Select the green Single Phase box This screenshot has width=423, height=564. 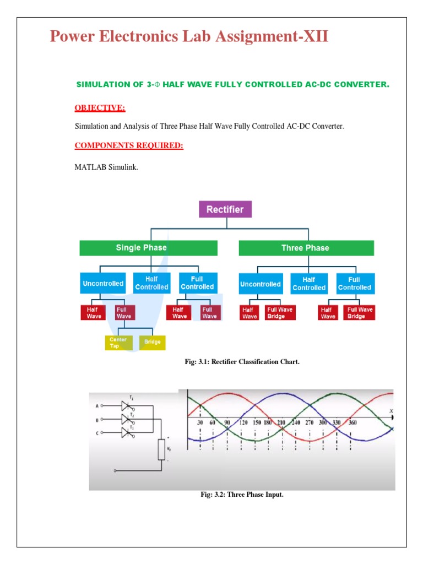click(141, 248)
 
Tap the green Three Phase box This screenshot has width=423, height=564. click(305, 248)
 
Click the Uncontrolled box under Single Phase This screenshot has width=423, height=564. click(103, 284)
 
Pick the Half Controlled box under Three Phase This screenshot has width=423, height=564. click(309, 284)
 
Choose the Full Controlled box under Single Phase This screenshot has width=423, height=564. click(197, 283)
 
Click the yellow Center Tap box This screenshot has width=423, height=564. click(118, 343)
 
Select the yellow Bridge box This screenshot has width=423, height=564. click(153, 342)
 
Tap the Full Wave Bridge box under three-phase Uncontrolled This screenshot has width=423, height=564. click(280, 313)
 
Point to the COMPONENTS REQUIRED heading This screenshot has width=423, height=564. click(129, 146)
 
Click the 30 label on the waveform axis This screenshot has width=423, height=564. click(200, 422)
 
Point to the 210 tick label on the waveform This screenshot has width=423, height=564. click(281, 422)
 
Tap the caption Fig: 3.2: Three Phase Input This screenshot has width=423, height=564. click(242, 495)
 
